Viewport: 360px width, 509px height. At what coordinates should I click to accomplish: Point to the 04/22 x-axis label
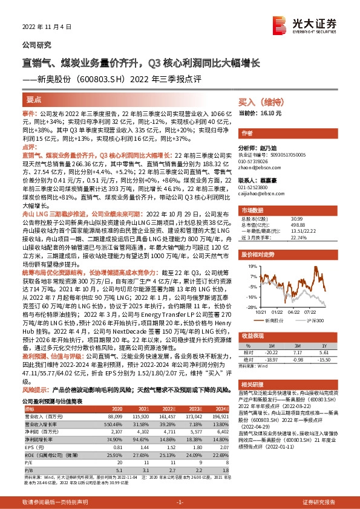(x=293, y=312)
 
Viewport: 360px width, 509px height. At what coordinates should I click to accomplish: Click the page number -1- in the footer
(x=180, y=501)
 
